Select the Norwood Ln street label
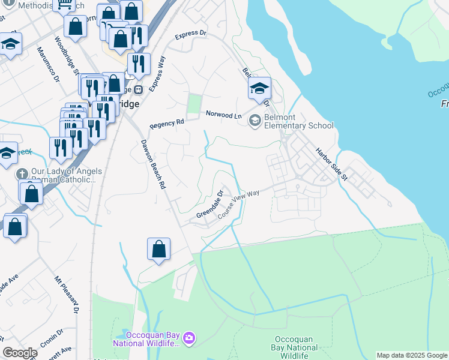(x=223, y=114)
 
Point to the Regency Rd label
(x=167, y=124)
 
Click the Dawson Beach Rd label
(x=153, y=164)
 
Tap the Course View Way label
(x=238, y=204)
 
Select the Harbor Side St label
(x=332, y=164)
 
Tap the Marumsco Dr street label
(x=49, y=64)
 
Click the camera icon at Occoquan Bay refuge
(x=189, y=338)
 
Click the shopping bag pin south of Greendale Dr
(x=158, y=250)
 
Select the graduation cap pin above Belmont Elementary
(x=259, y=89)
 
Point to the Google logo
(x=20, y=353)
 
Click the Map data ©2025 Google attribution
(x=412, y=355)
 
